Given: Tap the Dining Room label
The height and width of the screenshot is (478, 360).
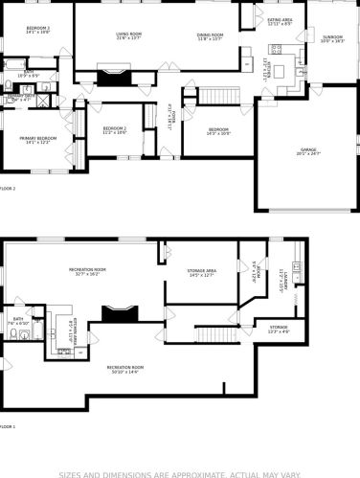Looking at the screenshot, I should tap(209, 36).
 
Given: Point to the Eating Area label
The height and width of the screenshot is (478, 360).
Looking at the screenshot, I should tap(281, 20).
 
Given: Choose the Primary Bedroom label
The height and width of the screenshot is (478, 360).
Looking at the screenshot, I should tap(39, 140).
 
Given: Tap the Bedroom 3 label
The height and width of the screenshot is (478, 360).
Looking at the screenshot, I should tap(38, 30).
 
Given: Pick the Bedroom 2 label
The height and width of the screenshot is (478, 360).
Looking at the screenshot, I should tap(114, 130).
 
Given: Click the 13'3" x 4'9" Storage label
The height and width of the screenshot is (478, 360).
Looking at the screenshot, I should tap(279, 330).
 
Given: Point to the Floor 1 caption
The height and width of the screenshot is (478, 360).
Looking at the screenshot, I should tap(10, 425).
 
